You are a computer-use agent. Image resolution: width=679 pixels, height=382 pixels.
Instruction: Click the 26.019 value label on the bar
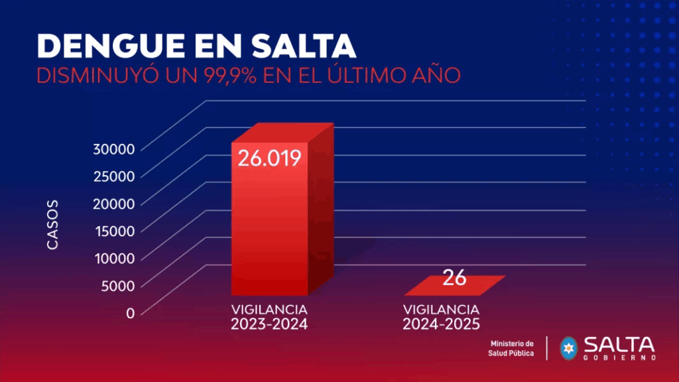[x=270, y=159]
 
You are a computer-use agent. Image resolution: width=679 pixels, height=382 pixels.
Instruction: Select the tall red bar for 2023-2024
[x=272, y=225]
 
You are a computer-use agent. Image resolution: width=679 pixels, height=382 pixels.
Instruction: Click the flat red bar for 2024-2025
[x=455, y=286]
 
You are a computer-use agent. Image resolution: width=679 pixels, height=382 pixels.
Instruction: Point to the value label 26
[x=455, y=277]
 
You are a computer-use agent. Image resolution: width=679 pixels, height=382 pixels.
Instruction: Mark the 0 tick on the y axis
[x=130, y=312]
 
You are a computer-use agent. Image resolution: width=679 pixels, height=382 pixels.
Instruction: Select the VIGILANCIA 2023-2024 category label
[x=269, y=317]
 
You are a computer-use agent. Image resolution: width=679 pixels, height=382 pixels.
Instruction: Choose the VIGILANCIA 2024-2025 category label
[x=441, y=317]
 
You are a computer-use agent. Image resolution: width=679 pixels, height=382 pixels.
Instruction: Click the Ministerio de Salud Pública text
[x=511, y=348]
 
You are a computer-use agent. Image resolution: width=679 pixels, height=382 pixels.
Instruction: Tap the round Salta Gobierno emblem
[x=569, y=348]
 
